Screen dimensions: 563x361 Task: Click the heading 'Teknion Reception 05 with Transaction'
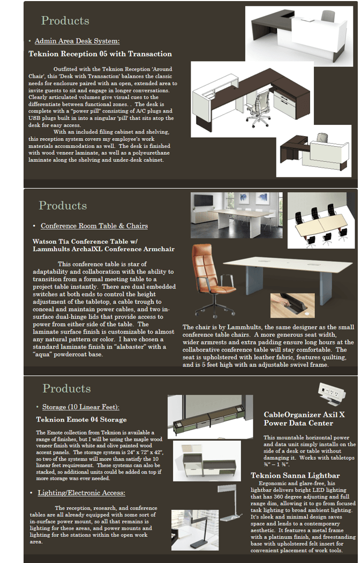tap(100, 54)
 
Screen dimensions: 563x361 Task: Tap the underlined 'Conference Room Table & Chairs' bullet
tap(94, 226)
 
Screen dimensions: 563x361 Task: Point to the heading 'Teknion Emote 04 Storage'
tap(81, 419)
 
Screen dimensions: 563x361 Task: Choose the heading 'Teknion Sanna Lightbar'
tap(295, 476)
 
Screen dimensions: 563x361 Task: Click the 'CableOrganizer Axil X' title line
tap(304, 415)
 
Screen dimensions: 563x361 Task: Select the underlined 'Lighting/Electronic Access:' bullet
tap(81, 492)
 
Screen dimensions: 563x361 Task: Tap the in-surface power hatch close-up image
tap(292, 305)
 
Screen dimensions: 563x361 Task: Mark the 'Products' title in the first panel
tap(65, 21)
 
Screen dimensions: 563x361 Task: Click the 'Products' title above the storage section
tap(66, 388)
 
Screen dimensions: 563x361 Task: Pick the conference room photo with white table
tap(236, 215)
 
